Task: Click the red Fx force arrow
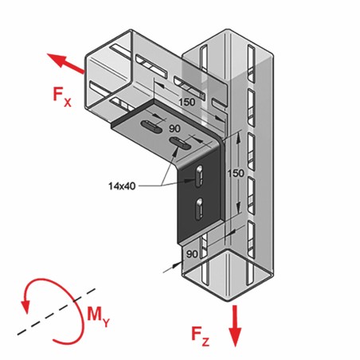point(65,63)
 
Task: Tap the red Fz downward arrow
point(235,326)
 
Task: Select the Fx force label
point(62,96)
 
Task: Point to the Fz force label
point(200,337)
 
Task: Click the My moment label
point(98,316)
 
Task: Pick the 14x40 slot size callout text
point(122,186)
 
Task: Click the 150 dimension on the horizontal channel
point(186,102)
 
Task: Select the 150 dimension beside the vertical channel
point(236,174)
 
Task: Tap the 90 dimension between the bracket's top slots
point(174,129)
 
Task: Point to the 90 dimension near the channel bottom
point(192,254)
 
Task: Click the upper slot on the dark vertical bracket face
point(199,176)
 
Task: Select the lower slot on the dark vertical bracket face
point(199,209)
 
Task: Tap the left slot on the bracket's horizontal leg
point(151,127)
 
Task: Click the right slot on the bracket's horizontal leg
point(180,143)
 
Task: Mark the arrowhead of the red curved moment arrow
point(26,307)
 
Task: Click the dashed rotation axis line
point(57,311)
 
